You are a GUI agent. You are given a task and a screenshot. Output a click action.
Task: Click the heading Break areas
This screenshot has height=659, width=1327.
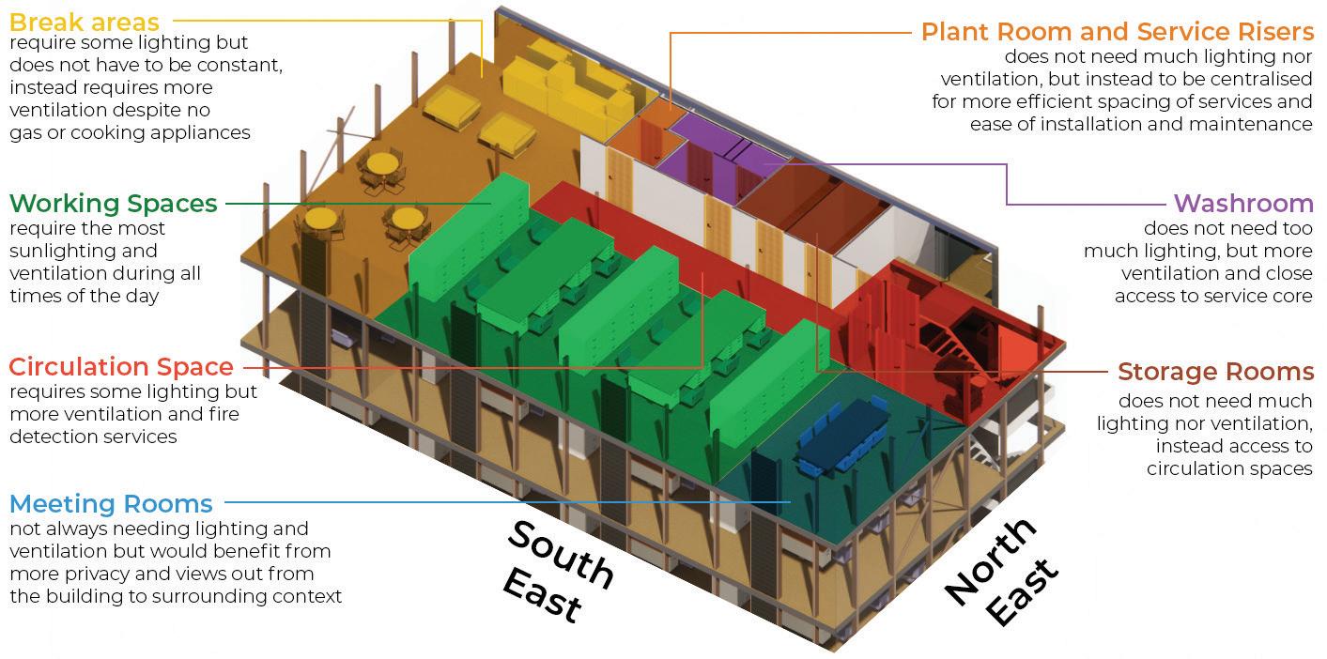pos(85,21)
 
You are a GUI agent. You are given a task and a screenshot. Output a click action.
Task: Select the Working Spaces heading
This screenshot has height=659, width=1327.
pos(114,204)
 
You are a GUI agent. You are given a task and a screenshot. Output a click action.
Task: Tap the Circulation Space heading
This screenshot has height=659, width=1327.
pos(121,367)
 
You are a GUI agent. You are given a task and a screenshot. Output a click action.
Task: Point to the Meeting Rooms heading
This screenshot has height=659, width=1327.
pos(112,504)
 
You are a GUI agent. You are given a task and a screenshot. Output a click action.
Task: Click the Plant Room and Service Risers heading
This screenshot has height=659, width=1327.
pos(1117,32)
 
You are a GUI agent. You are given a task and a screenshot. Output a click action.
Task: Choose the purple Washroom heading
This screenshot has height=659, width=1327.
pos(1242,204)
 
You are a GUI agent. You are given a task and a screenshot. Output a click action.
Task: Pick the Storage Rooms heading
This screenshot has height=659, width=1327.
pos(1215,372)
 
